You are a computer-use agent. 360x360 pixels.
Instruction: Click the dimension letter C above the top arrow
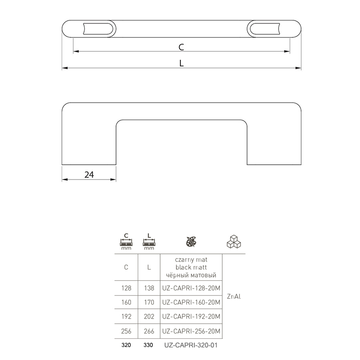[181, 47]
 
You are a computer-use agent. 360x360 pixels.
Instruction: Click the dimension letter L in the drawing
[181, 63]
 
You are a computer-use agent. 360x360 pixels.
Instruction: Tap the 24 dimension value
[89, 175]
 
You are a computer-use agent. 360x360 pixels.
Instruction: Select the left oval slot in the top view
[98, 29]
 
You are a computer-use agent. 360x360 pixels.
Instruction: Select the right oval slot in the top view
[265, 29]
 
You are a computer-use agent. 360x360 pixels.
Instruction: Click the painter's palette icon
[191, 242]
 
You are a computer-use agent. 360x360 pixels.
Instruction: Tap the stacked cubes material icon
[234, 242]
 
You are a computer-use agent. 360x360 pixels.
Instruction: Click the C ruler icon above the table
[126, 242]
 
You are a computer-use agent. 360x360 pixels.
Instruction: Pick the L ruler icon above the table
[149, 242]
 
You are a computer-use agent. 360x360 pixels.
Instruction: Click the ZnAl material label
[234, 297]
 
